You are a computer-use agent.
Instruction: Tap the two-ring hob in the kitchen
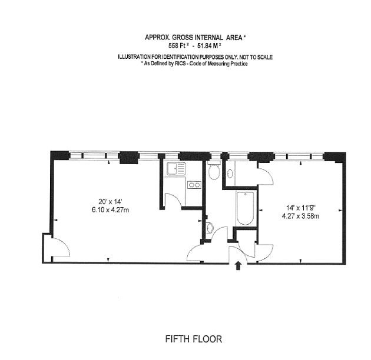tap(194, 185)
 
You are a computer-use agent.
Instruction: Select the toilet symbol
tap(214, 172)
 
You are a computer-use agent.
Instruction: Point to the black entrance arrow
tap(237, 266)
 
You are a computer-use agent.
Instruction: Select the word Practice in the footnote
tap(237, 64)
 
